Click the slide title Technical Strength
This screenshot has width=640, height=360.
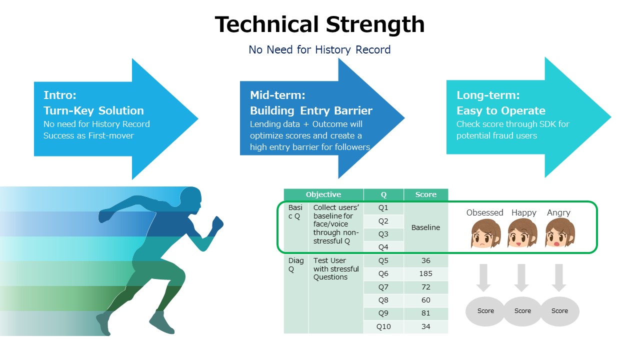(x=319, y=24)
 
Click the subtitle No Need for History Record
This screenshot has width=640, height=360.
(x=319, y=49)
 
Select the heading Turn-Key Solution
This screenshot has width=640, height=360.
(x=93, y=110)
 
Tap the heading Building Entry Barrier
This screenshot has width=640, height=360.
(x=311, y=110)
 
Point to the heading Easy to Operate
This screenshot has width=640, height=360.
(x=501, y=110)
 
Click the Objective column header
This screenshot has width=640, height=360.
(x=323, y=194)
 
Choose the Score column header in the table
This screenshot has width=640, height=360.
(x=425, y=194)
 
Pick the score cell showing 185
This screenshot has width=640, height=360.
(x=425, y=273)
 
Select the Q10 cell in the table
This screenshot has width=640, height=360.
(x=383, y=326)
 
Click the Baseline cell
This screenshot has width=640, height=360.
(x=425, y=227)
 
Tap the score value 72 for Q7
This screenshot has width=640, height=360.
(x=425, y=287)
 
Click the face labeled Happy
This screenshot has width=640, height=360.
(x=522, y=233)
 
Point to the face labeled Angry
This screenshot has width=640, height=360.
(x=560, y=233)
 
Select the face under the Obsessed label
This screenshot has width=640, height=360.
(x=485, y=233)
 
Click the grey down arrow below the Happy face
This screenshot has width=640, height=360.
(x=521, y=277)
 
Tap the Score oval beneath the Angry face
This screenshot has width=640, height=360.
(x=559, y=311)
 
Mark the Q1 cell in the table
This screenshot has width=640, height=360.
(x=383, y=207)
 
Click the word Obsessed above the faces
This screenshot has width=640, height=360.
(x=485, y=212)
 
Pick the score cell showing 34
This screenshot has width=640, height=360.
(x=425, y=326)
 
